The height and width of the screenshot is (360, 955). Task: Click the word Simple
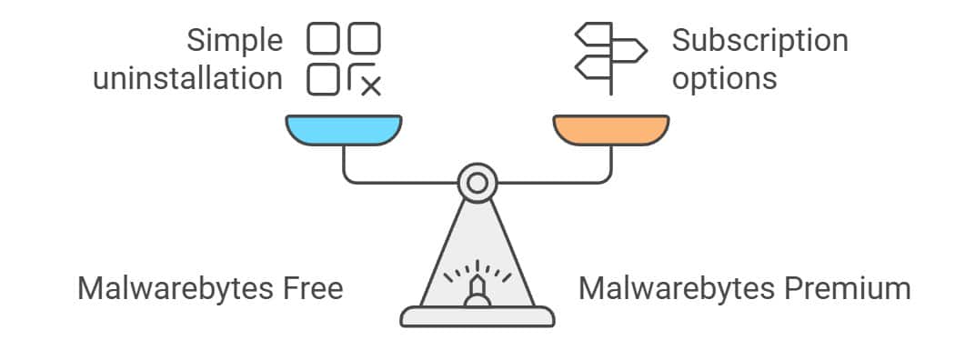point(235,42)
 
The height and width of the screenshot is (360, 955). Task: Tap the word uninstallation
point(187,78)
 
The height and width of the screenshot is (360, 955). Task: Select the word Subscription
point(759,42)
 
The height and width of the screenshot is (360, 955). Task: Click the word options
point(724,79)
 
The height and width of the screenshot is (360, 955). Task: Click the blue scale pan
point(344,130)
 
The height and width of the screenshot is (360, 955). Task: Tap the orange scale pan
point(611,130)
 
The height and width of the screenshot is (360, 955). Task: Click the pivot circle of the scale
point(477,182)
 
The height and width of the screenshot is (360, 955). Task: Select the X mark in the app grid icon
point(370,86)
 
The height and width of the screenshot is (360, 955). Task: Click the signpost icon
point(611,58)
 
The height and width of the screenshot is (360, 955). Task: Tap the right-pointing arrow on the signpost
point(628,50)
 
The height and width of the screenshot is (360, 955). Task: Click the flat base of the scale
point(477,316)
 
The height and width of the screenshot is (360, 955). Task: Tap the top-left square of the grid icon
point(323,38)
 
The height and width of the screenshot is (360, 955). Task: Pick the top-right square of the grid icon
point(364,38)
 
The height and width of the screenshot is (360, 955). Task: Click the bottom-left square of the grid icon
point(323,80)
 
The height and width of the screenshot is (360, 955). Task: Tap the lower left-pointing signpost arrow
point(593,67)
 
